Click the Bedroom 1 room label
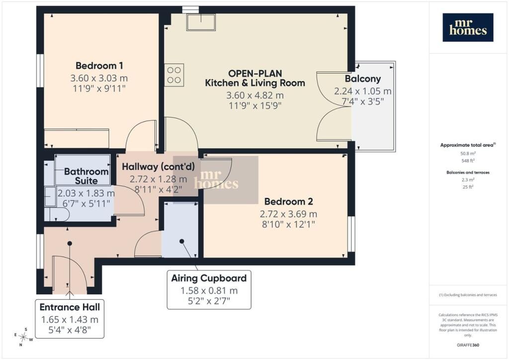click(99, 66)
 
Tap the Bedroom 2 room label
click(289, 201)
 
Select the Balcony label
click(362, 79)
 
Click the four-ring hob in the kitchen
click(174, 75)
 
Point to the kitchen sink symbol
click(201, 22)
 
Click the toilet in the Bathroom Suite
click(57, 215)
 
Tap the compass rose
click(23, 337)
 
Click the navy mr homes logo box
click(468, 27)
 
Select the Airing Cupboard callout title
click(209, 278)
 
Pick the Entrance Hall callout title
click(70, 307)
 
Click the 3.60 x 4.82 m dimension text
click(255, 95)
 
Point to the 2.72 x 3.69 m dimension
click(288, 214)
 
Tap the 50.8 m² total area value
click(468, 154)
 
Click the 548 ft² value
click(467, 161)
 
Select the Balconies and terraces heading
click(468, 173)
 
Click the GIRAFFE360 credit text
click(468, 345)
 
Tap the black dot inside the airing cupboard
click(182, 241)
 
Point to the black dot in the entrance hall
click(70, 243)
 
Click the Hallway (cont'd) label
click(159, 167)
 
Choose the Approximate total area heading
click(468, 145)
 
